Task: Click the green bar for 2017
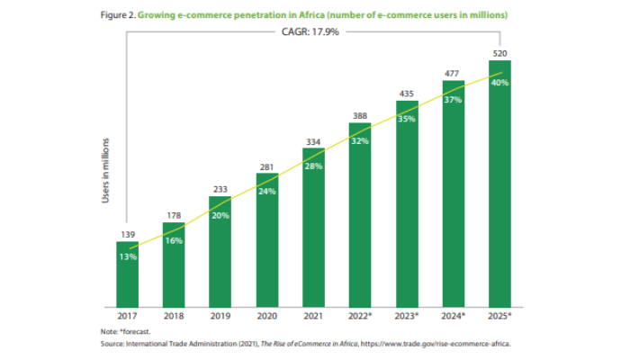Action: [129, 274]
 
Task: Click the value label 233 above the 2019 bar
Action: [220, 189]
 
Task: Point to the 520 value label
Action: [499, 53]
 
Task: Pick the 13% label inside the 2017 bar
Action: [129, 256]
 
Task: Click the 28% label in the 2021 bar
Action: [314, 166]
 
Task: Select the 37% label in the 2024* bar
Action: [453, 100]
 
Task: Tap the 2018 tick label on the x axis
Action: [175, 316]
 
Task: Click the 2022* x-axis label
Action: [361, 316]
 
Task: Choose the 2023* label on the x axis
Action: [407, 316]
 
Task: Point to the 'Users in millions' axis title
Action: [105, 171]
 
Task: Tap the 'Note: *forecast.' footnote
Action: [127, 330]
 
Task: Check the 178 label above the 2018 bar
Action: [175, 214]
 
